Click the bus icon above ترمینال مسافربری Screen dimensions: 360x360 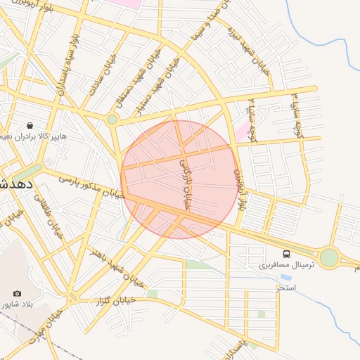tap(286, 253)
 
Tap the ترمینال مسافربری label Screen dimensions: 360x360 tap(284, 266)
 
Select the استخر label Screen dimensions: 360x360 tap(286, 288)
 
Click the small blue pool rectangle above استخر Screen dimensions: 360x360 tap(286, 277)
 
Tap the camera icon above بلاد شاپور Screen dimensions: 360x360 tap(17, 293)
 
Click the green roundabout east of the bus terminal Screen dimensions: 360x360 tap(328, 258)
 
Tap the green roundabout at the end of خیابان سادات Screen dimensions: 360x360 tap(112, 120)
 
